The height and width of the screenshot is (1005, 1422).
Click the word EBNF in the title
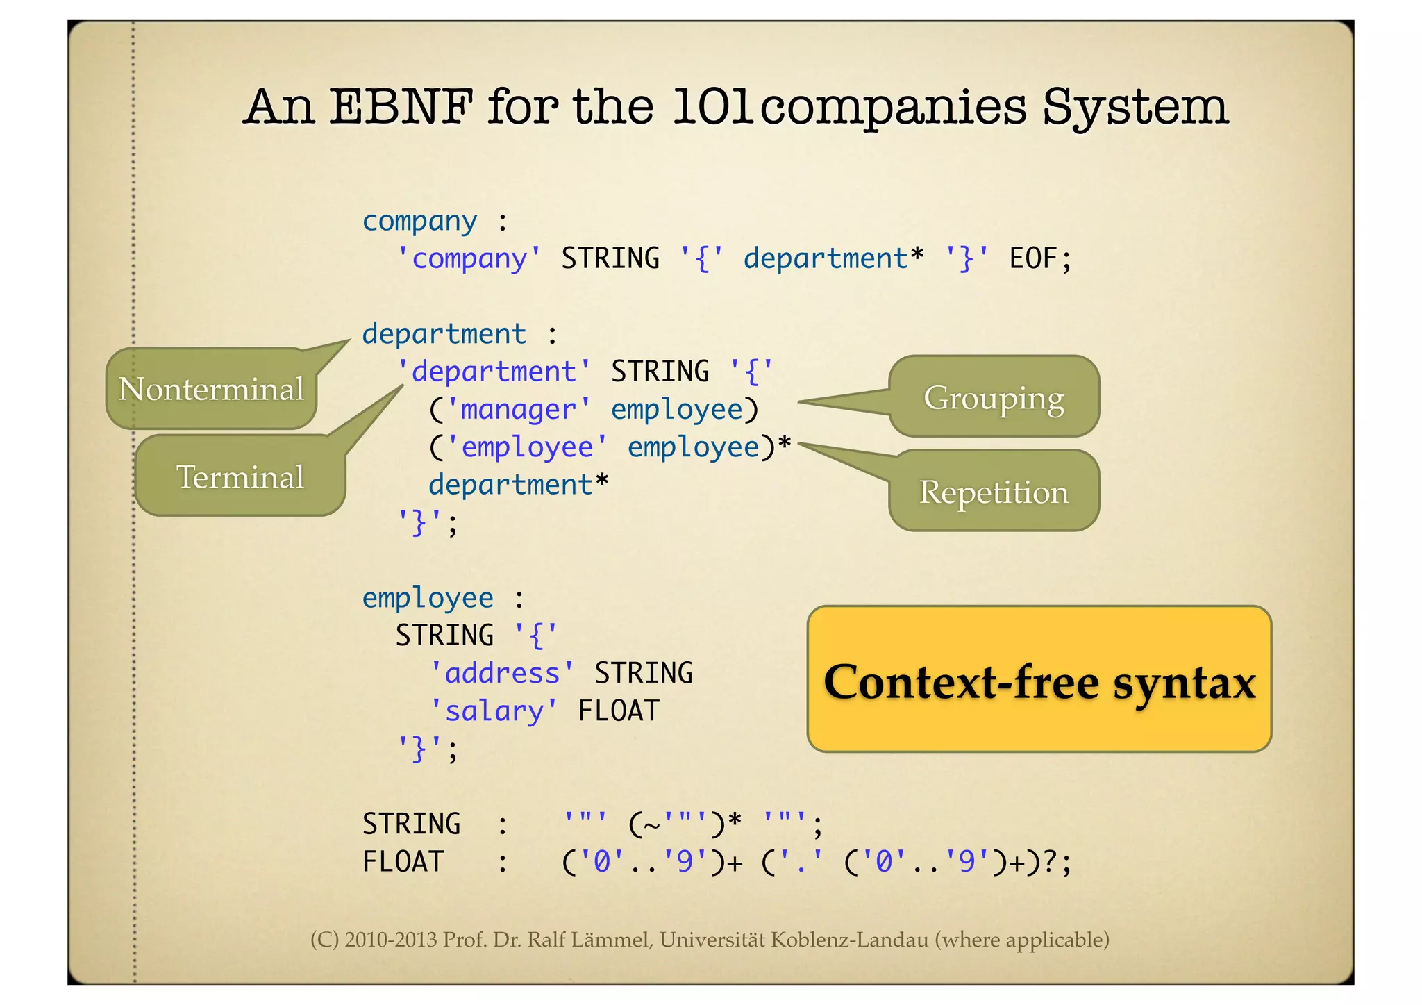401,108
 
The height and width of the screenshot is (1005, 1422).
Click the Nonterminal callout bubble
211,389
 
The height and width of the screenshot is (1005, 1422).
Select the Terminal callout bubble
240,477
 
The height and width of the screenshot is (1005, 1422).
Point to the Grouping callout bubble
994,397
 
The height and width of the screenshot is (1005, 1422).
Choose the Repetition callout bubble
994,492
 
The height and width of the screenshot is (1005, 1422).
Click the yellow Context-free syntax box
1039,680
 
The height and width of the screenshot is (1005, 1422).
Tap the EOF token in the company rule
1032,258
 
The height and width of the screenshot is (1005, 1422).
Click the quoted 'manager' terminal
518,409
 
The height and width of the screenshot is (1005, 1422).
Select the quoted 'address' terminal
502,673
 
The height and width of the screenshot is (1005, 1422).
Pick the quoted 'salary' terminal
494,711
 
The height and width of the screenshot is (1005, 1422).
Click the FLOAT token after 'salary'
618,711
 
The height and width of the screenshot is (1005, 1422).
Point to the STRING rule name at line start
411,824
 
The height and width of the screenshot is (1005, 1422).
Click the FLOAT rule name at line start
403,862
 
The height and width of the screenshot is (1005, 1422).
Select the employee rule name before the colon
428,598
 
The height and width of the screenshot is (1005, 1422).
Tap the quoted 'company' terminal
469,258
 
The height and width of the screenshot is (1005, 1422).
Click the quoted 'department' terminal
494,372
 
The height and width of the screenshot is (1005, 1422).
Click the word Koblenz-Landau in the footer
849,940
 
